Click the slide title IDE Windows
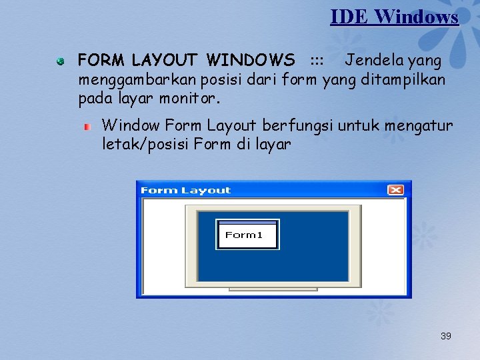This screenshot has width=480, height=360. point(394,16)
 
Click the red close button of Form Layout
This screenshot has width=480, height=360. point(395,190)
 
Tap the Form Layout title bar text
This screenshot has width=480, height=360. point(185,191)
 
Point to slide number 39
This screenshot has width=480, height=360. point(446,336)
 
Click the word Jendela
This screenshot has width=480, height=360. point(375,61)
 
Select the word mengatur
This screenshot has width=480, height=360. point(419,125)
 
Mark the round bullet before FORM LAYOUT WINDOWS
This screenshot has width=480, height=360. point(60,61)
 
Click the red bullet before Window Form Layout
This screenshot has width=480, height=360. point(86,126)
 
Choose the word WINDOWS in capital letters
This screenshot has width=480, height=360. point(251,61)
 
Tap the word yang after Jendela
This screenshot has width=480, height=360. point(425,61)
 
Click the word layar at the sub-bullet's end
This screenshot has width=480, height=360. point(273,144)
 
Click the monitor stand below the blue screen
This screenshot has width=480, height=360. point(273,289)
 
